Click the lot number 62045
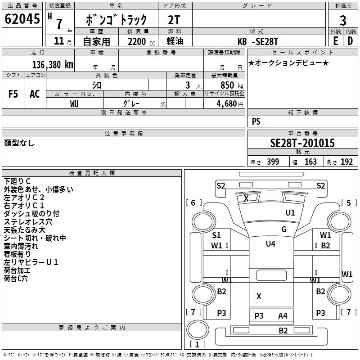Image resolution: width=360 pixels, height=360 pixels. pyautogui.click(x=22, y=18)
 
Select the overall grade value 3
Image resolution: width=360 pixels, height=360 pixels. pyautogui.click(x=343, y=20)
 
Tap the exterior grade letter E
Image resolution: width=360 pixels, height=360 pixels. pyautogui.click(x=336, y=41)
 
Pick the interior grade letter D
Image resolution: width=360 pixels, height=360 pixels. pyautogui.click(x=350, y=41)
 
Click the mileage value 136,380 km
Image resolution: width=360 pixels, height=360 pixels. pyautogui.click(x=53, y=65)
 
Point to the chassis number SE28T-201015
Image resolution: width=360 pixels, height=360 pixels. pyautogui.click(x=302, y=143)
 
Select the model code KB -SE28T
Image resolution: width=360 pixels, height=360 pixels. pyautogui.click(x=258, y=41)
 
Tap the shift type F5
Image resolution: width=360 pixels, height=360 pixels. pyautogui.click(x=13, y=94)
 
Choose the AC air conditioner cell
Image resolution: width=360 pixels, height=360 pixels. pyautogui.click(x=35, y=94)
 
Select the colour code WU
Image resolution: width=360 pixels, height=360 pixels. pyautogui.click(x=74, y=104)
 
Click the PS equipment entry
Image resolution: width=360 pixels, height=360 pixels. pyautogui.click(x=256, y=121)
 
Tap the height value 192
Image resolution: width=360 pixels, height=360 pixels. pyautogui.click(x=346, y=162)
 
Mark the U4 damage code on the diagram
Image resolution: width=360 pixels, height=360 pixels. pyautogui.click(x=270, y=243)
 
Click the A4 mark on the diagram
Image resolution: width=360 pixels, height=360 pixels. pyautogui.click(x=283, y=316)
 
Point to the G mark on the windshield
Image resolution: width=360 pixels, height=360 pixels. pyautogui.click(x=284, y=229)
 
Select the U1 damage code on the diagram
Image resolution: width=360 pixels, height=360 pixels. pyautogui.click(x=290, y=213)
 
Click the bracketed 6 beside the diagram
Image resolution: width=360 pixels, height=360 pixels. pyautogui.click(x=193, y=203)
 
